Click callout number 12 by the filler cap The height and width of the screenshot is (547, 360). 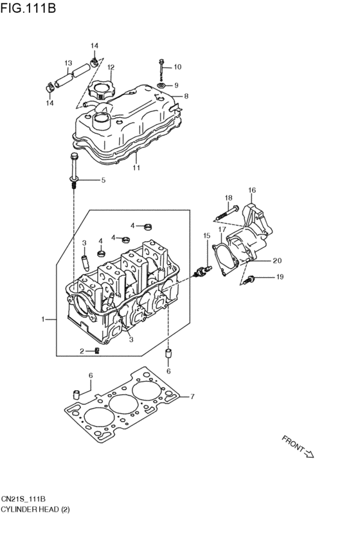[111, 67]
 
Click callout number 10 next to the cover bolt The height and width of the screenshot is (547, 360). [177, 67]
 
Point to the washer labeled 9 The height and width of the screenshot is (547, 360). [161, 85]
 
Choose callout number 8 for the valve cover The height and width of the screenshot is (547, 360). [186, 96]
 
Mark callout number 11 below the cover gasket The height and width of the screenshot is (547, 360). [136, 168]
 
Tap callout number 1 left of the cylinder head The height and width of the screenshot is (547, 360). [44, 319]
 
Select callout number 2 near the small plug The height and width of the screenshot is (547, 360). [82, 351]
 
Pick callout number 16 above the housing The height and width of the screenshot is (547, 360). [252, 190]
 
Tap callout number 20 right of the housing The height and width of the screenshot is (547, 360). [277, 260]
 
